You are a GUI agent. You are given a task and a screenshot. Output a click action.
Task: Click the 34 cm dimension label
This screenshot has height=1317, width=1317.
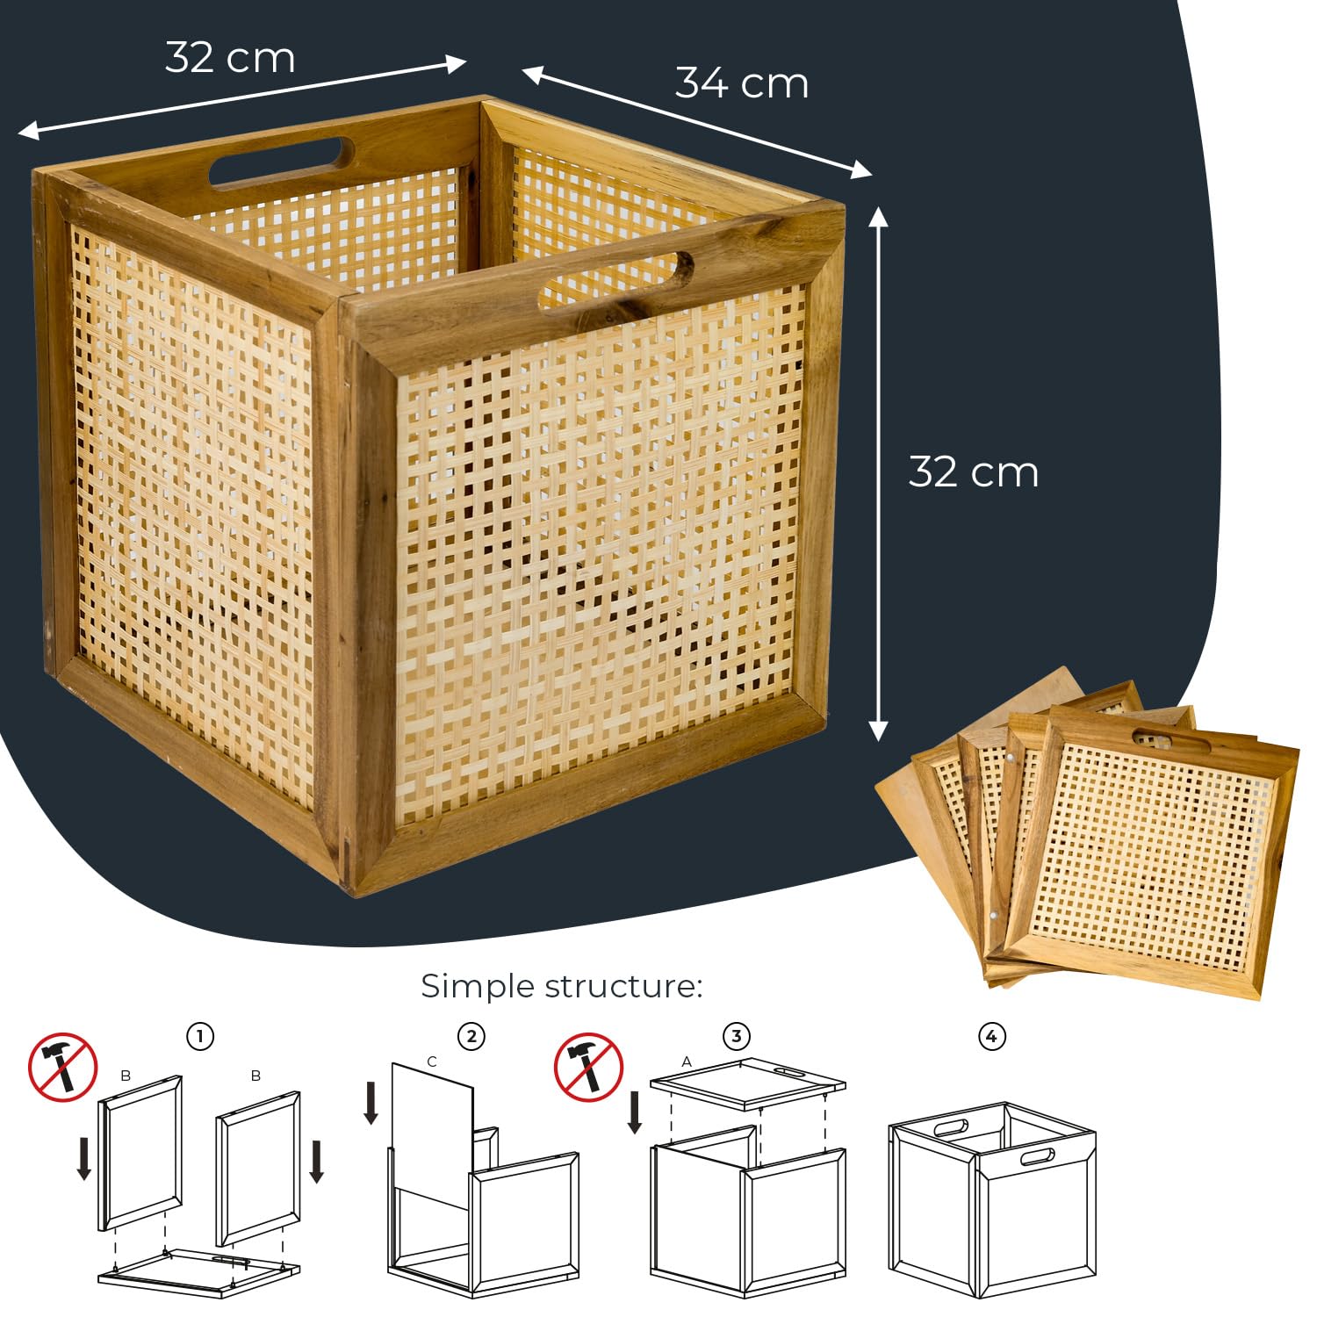[742, 83]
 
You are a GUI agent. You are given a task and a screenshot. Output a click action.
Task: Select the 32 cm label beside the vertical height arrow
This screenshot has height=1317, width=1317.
[974, 471]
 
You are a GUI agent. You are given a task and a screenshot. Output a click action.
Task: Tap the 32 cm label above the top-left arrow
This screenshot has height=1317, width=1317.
[230, 58]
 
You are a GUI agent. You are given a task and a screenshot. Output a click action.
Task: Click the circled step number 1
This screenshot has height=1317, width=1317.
[200, 1036]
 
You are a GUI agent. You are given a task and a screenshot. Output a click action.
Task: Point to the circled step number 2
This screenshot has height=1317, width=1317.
[471, 1036]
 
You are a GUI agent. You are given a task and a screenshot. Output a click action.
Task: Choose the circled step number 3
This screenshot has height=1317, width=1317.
[737, 1036]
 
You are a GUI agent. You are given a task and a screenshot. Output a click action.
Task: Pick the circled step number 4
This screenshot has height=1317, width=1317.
[991, 1036]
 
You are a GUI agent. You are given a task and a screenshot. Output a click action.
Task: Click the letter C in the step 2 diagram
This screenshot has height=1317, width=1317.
[431, 1062]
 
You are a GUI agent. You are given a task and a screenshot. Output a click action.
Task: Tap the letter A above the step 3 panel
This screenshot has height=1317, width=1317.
[687, 1062]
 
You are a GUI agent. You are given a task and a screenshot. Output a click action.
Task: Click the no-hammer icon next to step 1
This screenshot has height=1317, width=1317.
[62, 1068]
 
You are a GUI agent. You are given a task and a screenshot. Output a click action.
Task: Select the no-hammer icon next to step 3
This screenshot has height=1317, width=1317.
[588, 1068]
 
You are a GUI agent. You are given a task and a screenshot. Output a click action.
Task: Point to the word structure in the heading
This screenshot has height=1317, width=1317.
[623, 987]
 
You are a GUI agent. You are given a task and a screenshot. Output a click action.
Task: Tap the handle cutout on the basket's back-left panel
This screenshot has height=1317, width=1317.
[282, 163]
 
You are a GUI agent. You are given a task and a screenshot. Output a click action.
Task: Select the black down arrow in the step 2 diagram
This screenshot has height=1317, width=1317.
[371, 1104]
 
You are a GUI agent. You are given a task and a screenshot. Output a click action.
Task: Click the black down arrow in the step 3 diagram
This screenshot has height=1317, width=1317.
[635, 1112]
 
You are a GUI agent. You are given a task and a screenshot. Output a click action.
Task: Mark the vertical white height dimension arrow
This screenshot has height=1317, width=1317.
[878, 473]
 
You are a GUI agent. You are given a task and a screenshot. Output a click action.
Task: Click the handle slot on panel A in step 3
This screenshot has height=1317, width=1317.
[788, 1074]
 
